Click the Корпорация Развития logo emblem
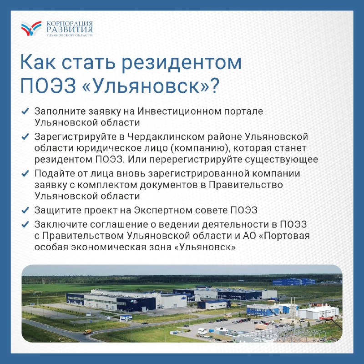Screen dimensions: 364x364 pos(31,28)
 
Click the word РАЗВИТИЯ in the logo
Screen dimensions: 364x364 pos(70,29)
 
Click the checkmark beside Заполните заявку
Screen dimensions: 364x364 pos(25,111)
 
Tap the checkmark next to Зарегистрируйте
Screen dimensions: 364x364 pos(25,136)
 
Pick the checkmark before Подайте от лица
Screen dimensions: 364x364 pos(25,173)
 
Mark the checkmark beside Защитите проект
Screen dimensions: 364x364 pos(25,210)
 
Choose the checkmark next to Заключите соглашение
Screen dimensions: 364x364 pos(25,224)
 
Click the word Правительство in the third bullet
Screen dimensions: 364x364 pos(246,185)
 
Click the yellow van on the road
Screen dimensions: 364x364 pos(87,332)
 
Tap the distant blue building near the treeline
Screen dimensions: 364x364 pos(293,282)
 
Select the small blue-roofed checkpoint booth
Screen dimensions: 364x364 pos(126,318)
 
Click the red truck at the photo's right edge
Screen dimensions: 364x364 pos(326,318)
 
